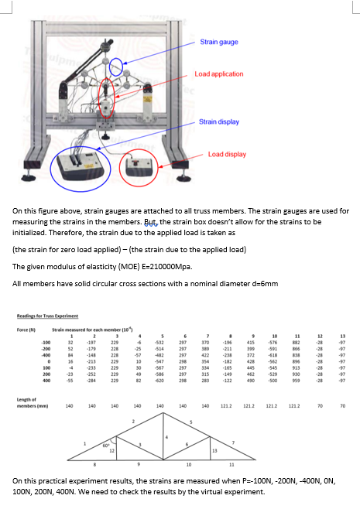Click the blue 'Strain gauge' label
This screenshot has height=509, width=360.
[220, 42]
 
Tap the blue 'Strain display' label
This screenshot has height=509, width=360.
[220, 121]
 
